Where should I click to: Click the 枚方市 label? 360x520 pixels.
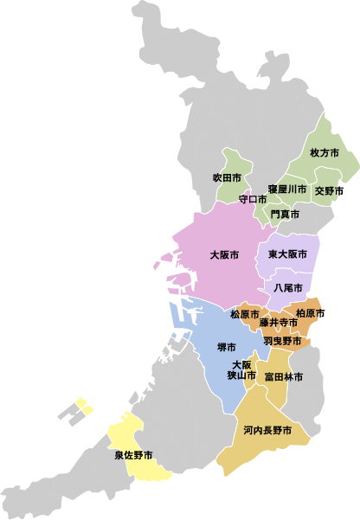coord(324,152)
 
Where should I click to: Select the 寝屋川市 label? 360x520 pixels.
coord(286,189)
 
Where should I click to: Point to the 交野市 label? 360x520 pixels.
coord(329,190)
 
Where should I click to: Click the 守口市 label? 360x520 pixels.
coord(254,199)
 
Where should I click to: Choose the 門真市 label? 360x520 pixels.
coord(285,213)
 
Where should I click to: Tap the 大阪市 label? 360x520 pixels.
coord(224,255)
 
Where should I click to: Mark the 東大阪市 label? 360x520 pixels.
coord(287,254)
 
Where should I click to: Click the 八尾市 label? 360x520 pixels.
coord(287,287)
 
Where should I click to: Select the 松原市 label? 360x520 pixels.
coord(245,313)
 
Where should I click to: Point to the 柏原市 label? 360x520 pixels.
coord(311,312)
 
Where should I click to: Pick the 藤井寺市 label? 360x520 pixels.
coord(278,323)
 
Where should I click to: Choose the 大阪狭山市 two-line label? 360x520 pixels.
coord(241,369)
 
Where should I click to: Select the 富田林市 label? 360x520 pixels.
coord(284,376)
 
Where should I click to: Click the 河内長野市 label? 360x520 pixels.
coord(267,430)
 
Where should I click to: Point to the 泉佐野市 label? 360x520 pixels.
coord(133,454)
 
